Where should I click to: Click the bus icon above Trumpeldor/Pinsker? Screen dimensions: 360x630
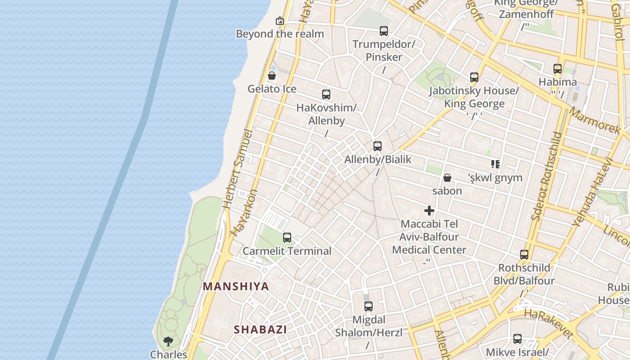click(x=384, y=31)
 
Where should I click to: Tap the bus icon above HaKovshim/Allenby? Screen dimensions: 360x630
click(x=326, y=94)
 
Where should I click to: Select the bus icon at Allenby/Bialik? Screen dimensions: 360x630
click(x=378, y=146)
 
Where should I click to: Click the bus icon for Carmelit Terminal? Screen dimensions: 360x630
click(x=287, y=238)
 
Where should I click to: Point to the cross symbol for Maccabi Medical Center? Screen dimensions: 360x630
click(x=429, y=211)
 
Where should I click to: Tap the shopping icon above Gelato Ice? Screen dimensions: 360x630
click(x=272, y=76)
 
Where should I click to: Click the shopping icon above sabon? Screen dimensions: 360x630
click(x=447, y=178)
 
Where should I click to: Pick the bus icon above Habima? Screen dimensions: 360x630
click(x=558, y=69)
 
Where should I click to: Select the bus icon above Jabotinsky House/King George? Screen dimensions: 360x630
click(x=474, y=77)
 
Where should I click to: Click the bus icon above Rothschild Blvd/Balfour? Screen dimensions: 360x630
click(x=524, y=255)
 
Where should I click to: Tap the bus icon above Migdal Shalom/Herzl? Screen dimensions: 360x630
click(x=369, y=307)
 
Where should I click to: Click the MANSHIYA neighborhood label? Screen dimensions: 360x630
click(x=236, y=286)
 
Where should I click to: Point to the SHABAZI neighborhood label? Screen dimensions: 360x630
click(x=260, y=329)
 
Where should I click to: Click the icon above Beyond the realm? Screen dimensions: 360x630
click(x=280, y=21)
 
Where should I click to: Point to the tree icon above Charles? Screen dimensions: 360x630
click(x=168, y=342)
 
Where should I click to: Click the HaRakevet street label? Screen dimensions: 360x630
click(x=549, y=323)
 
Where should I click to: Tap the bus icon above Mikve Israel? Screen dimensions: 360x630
click(x=517, y=339)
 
